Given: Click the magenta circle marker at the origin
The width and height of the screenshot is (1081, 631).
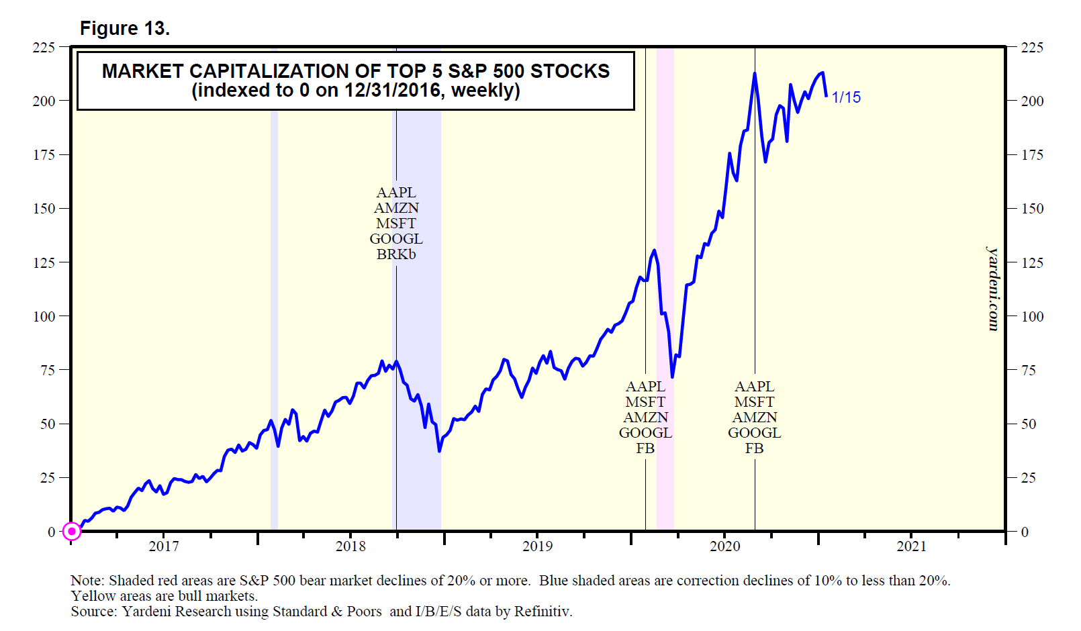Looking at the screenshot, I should [72, 532].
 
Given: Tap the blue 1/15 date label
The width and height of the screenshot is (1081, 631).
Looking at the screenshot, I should [846, 97].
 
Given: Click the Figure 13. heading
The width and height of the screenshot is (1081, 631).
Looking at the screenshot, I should [125, 28].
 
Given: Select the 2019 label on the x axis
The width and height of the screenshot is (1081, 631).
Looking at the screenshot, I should [537, 546].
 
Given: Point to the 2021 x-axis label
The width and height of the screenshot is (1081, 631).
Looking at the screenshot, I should [911, 546].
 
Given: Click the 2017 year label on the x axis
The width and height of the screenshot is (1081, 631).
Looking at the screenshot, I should [164, 546].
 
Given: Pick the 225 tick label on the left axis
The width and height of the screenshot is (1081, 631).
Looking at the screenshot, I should [44, 47].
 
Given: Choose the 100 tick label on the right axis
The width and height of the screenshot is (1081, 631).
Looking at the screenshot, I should [1032, 316].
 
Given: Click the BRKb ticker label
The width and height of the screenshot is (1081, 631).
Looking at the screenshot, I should [396, 254].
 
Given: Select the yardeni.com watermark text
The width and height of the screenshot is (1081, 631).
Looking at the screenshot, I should [993, 289].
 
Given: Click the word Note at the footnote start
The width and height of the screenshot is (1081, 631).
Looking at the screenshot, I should [85, 581].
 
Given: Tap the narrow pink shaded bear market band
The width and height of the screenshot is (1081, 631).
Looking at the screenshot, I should [665, 289].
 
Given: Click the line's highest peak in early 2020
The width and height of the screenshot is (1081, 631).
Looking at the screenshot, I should [755, 73].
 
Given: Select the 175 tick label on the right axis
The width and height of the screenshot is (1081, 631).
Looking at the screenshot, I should [1032, 155].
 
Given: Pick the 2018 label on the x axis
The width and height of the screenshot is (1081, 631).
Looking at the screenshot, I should [350, 546].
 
